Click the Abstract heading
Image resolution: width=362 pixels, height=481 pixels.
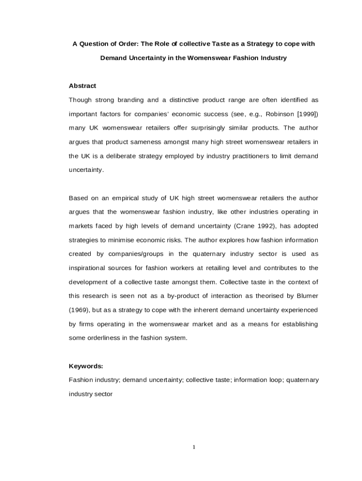coord(82,86)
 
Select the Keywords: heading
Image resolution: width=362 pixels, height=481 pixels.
coord(86,366)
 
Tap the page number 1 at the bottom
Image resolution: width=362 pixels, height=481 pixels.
coord(193,447)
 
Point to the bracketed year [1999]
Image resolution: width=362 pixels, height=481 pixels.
coord(307,114)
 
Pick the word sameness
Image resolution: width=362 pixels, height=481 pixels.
coord(145,142)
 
